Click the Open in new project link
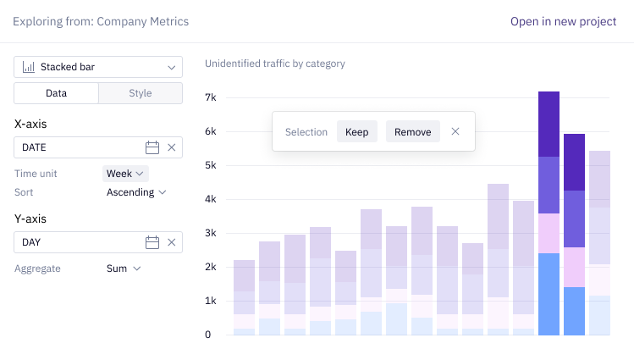point(563,21)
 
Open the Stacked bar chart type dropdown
point(98,67)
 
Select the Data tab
point(56,93)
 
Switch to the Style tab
point(141,93)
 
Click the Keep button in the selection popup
point(356,132)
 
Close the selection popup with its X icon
point(455,131)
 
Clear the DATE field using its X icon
point(172,147)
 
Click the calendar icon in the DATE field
point(152,147)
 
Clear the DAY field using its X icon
point(172,242)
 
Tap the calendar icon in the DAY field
point(152,242)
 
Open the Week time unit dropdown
point(125,174)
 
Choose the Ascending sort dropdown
point(135,192)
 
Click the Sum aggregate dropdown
point(124,269)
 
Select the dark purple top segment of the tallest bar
point(549,124)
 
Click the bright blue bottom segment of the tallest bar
point(549,294)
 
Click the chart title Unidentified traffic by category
point(275,64)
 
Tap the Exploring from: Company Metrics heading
point(101,21)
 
